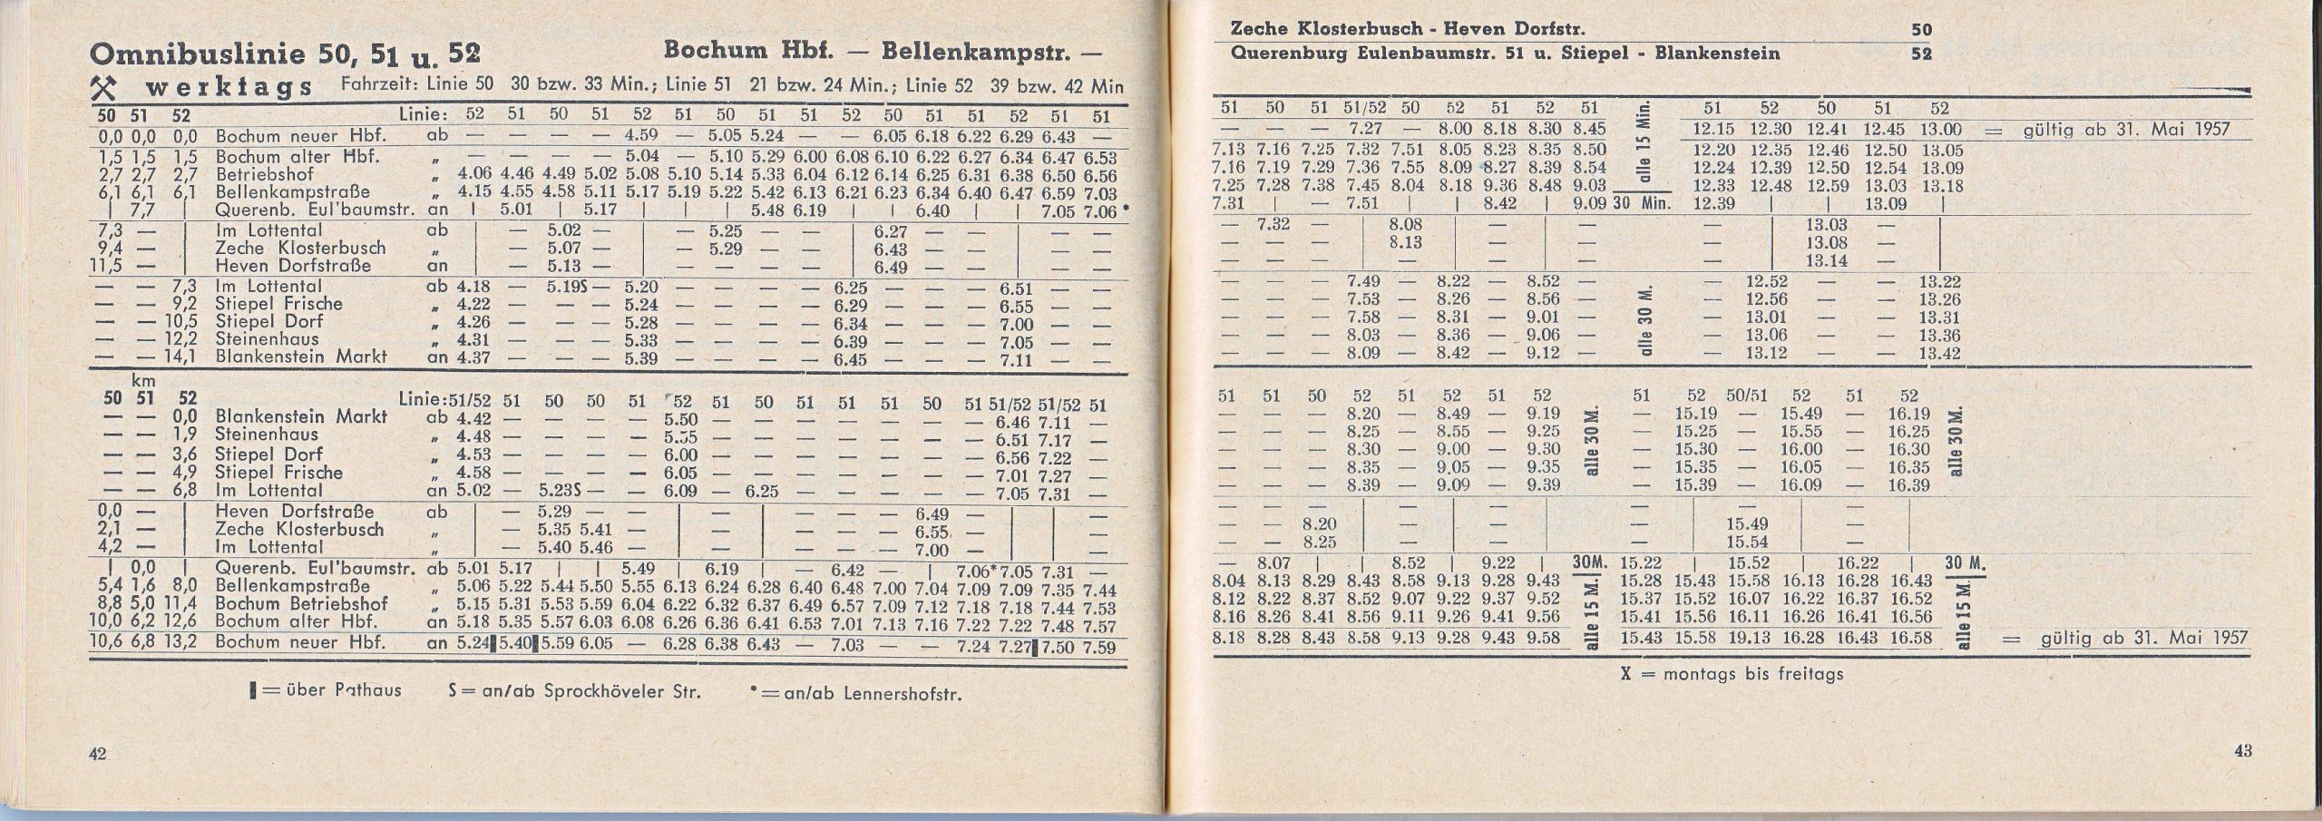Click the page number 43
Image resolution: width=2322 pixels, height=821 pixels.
2243,752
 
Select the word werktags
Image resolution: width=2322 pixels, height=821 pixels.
229,88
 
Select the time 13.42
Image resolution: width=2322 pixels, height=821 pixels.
1934,354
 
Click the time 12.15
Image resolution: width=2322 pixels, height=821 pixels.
1712,130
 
